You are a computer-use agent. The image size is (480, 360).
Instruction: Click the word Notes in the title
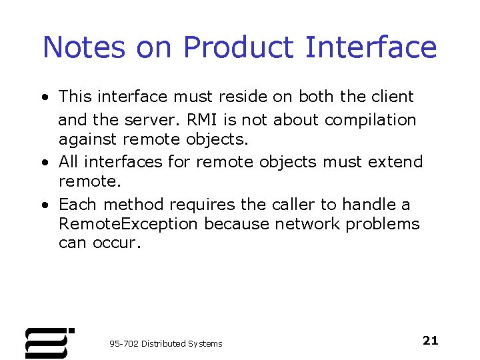[x=83, y=47]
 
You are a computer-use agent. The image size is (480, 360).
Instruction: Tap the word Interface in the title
[x=371, y=47]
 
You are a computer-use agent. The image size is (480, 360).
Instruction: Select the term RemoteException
[x=128, y=224]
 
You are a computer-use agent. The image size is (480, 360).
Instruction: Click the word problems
[x=382, y=224]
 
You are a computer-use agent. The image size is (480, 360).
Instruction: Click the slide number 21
[x=431, y=341]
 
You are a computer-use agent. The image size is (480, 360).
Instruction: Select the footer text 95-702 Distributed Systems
[x=166, y=343]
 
